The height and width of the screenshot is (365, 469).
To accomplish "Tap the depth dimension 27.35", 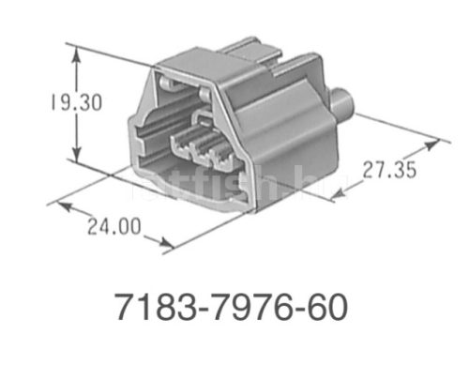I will [386, 173].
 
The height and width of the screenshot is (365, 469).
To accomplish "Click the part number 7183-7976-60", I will [230, 307].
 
